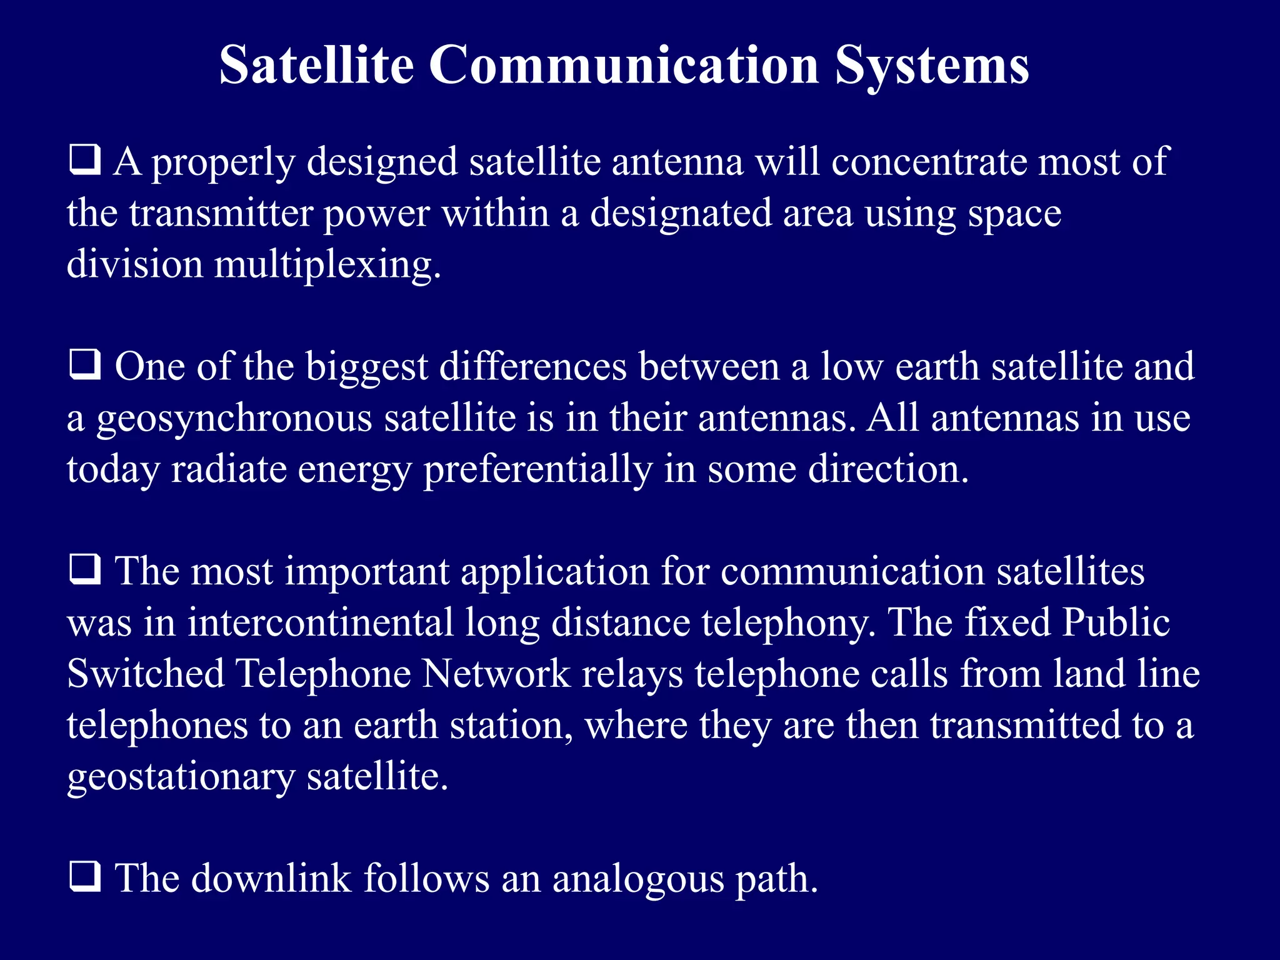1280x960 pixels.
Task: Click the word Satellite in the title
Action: [x=316, y=65]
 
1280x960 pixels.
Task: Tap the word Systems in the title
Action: [x=932, y=65]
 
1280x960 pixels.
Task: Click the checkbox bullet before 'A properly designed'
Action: [x=84, y=160]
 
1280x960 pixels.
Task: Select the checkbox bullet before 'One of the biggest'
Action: [x=84, y=365]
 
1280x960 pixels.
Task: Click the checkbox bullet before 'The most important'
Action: [x=84, y=570]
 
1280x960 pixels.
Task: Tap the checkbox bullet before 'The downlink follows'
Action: [x=84, y=877]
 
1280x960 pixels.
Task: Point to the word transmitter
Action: [x=220, y=214]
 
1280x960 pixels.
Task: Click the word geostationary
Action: [x=180, y=777]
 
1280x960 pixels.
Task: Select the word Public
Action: [x=1116, y=622]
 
